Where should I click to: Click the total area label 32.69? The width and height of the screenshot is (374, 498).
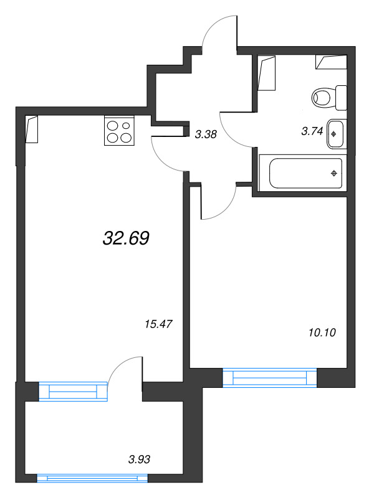[x=126, y=238]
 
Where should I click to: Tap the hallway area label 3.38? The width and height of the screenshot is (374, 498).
[x=206, y=134]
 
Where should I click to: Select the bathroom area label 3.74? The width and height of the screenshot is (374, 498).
[x=312, y=131]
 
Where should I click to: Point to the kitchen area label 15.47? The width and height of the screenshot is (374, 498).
[x=158, y=324]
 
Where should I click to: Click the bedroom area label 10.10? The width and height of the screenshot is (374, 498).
[x=322, y=332]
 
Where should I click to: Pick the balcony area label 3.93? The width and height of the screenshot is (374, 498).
[x=139, y=459]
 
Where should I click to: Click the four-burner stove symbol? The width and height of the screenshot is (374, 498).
[x=119, y=131]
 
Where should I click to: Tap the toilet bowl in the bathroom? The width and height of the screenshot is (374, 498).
[x=322, y=98]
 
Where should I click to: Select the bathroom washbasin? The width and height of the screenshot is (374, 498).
[x=335, y=134]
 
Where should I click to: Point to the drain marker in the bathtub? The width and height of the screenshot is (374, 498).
[x=334, y=173]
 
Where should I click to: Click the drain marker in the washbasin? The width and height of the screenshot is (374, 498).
[x=333, y=134]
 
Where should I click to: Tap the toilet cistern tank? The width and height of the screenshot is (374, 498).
[x=341, y=98]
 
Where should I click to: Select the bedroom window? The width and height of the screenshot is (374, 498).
[x=270, y=378]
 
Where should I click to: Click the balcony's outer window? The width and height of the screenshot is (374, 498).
[x=92, y=478]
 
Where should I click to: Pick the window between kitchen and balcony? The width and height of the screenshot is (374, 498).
[x=73, y=392]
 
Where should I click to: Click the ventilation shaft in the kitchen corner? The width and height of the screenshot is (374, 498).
[x=32, y=129]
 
